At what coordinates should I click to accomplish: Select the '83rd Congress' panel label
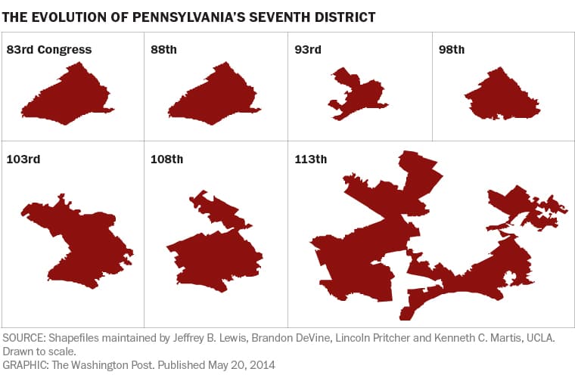tap(49, 50)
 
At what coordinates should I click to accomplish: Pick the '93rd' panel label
tap(308, 50)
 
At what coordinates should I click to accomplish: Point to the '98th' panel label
tap(452, 50)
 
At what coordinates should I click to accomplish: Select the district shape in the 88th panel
tap(216, 98)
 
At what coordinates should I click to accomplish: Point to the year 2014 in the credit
tap(261, 364)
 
